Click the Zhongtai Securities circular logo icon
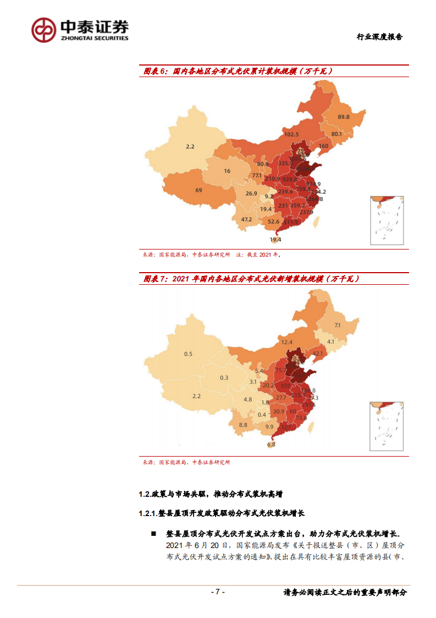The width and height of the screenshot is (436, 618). point(43,30)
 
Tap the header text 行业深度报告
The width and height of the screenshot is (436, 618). point(379,37)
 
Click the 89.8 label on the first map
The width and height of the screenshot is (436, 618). point(344,117)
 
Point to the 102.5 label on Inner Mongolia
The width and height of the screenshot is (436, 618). point(291,134)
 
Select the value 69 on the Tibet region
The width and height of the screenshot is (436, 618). point(198,190)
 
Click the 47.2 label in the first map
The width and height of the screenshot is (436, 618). point(246,219)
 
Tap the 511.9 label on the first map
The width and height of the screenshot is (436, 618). point(290,222)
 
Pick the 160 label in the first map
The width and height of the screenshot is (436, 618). point(323,146)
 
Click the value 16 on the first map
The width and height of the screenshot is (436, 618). point(227,171)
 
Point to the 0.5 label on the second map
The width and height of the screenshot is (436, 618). point(188,354)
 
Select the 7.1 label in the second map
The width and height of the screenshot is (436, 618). point(338,325)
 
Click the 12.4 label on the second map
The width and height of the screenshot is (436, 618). point(287,342)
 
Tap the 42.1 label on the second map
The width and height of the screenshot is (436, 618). point(317,353)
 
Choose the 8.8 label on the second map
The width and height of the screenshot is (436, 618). point(243,425)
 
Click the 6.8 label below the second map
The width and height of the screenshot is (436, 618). point(271,444)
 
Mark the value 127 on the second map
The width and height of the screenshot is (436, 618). point(286,427)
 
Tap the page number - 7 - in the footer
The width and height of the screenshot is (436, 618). point(218,592)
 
